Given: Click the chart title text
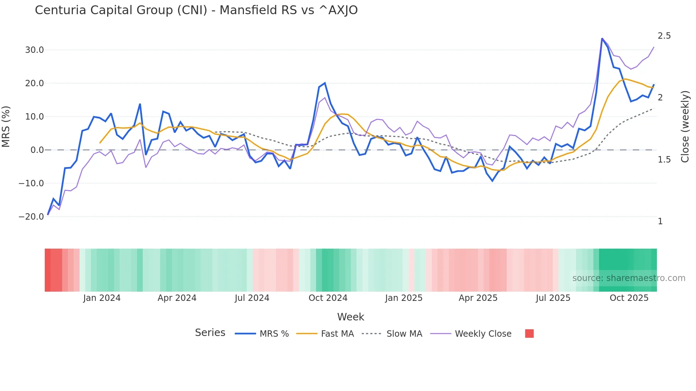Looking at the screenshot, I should point(196,10).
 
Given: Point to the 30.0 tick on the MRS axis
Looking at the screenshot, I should point(34,50).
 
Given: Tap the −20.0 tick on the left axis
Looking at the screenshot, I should point(31,217).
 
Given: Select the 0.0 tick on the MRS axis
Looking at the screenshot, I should point(37,150).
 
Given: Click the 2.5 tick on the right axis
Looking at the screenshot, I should point(664,36).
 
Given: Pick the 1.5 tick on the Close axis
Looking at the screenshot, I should point(664,160).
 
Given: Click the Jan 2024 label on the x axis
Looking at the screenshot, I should point(102,298).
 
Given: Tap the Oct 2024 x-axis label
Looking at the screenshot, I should point(328,298).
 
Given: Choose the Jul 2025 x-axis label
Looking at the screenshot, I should point(553,298).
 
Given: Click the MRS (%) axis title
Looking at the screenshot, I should point(6,126).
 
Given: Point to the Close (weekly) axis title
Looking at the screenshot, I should point(685,126).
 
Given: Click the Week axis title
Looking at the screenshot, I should point(350,317).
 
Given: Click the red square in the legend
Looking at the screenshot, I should point(529,334).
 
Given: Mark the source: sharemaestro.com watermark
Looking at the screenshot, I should point(629,278).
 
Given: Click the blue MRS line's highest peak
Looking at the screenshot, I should point(602,38).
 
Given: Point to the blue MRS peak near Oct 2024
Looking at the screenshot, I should point(325,83).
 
